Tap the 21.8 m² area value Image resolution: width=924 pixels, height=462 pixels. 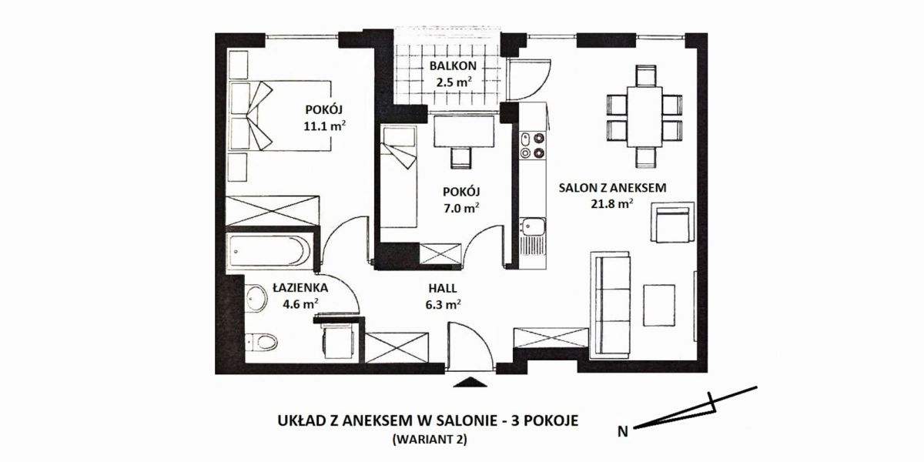(612, 204)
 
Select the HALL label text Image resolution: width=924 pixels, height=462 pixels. (443, 288)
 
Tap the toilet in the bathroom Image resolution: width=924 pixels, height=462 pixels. (262, 342)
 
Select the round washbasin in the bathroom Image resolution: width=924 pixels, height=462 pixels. (256, 298)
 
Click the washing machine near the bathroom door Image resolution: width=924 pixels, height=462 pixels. (338, 341)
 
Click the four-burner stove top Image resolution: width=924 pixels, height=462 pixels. (532, 146)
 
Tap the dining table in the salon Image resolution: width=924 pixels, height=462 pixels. (644, 117)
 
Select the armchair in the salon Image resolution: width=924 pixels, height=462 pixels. (672, 222)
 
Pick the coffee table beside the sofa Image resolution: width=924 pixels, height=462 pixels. (659, 305)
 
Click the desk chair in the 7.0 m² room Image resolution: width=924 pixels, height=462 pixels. (460, 158)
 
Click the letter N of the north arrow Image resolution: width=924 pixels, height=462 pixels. (622, 432)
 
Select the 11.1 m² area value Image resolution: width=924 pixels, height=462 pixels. (325, 126)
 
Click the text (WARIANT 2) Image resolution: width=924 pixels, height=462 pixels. (430, 440)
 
